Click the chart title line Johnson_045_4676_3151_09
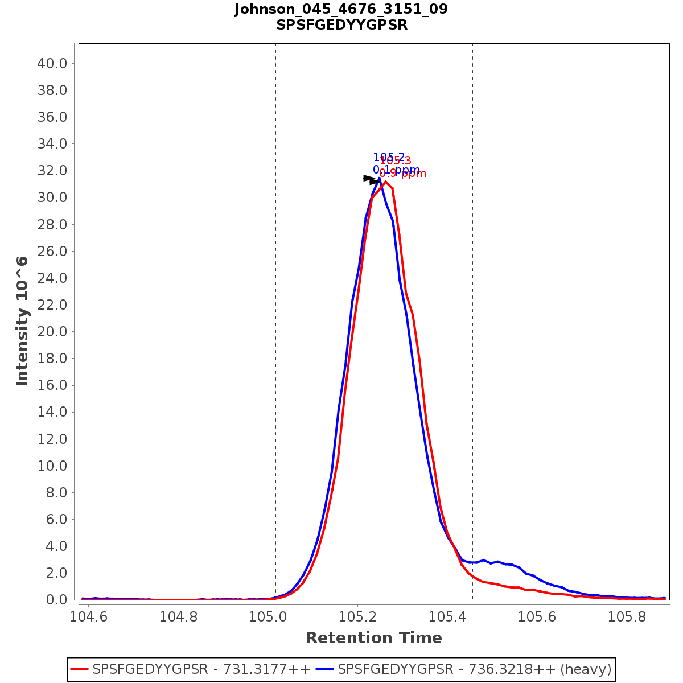[x=341, y=10]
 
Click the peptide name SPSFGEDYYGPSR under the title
[x=341, y=26]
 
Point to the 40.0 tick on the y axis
[x=52, y=63]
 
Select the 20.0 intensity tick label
[x=52, y=332]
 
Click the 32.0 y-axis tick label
[x=52, y=171]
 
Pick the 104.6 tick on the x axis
[x=88, y=617]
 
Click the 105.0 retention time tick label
[x=268, y=617]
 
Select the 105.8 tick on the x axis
[x=627, y=617]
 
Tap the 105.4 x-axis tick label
[x=447, y=617]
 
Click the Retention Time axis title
[x=373, y=638]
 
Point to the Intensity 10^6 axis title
[x=22, y=321]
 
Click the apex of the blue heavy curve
[x=379, y=178]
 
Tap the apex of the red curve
[x=385, y=182]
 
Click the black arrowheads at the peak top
[x=371, y=180]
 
